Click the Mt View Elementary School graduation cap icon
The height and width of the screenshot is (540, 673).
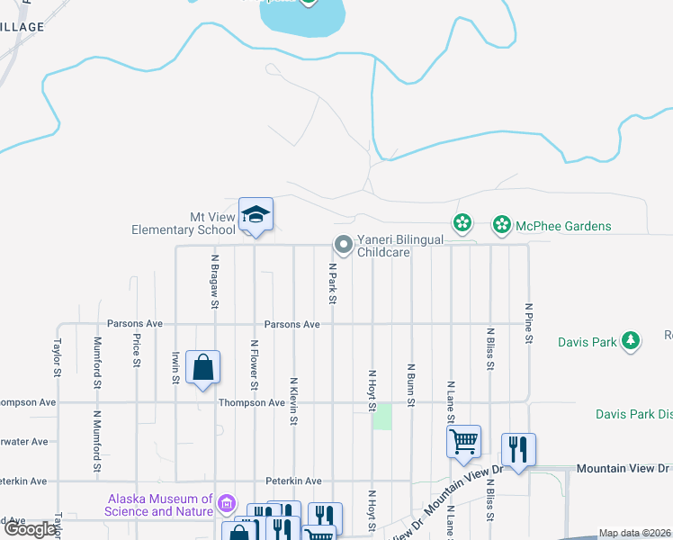(256, 215)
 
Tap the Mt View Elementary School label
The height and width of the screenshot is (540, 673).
(184, 223)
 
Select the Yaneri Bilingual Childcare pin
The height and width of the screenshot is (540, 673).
(343, 244)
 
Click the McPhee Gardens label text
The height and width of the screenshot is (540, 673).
(564, 226)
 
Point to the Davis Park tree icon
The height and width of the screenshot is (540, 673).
(633, 341)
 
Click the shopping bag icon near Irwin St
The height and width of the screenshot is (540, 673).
(202, 367)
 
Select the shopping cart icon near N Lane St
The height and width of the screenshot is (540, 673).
(463, 441)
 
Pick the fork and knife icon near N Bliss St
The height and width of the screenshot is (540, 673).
(518, 449)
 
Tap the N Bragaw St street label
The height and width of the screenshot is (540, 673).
(215, 281)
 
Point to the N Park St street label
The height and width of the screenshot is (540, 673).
(332, 283)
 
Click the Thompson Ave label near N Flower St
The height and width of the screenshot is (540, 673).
(252, 402)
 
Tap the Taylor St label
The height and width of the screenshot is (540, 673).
(58, 357)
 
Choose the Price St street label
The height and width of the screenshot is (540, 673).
(137, 352)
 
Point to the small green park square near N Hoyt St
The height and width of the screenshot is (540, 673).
(383, 417)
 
